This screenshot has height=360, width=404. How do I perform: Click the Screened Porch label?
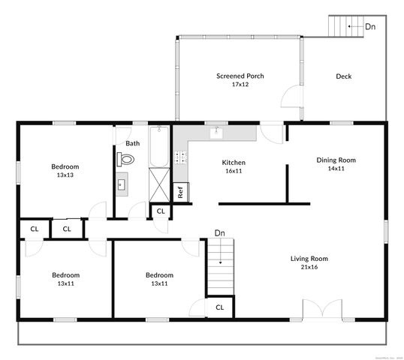240,76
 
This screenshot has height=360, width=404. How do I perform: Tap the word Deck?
344,76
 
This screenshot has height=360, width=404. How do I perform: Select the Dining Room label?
336,160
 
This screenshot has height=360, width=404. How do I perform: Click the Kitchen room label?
234,162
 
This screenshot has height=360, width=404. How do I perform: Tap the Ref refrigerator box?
181,192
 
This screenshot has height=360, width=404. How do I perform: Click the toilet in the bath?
126,159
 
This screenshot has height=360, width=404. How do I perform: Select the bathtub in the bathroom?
160,147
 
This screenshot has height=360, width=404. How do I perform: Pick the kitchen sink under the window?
216,133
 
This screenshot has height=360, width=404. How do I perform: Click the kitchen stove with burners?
180,157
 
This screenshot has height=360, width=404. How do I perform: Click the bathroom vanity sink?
122,183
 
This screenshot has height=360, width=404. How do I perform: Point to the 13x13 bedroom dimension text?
65,175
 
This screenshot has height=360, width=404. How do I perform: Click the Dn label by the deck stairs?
370,26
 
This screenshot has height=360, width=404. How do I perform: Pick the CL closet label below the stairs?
219,307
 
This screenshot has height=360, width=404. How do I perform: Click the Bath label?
132,143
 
